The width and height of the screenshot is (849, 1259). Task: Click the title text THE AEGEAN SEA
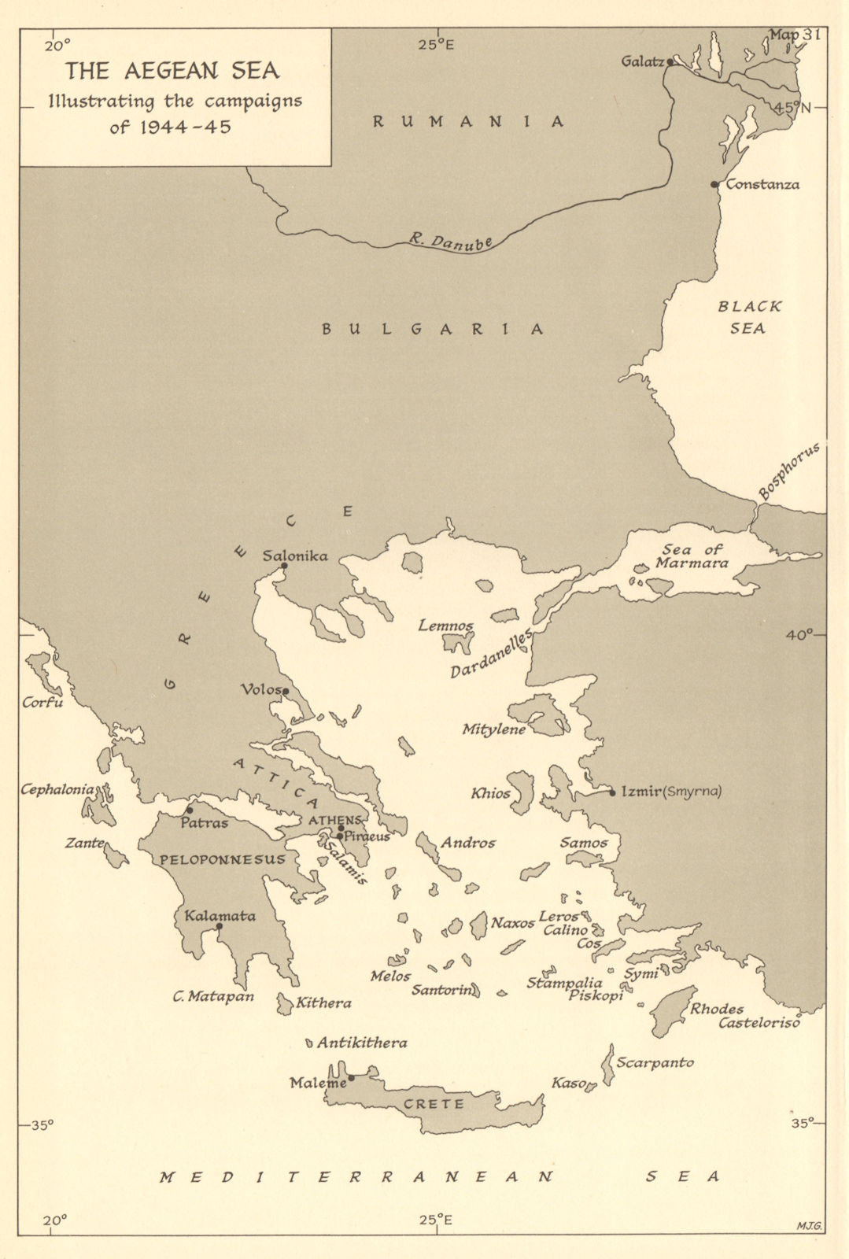click(x=172, y=71)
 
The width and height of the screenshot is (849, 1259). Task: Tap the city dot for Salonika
click(x=284, y=565)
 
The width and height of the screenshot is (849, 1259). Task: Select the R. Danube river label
click(x=450, y=242)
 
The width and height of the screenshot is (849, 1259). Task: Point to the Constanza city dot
click(x=714, y=185)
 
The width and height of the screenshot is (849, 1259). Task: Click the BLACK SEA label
click(x=749, y=317)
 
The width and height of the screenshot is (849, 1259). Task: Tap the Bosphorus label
click(x=788, y=471)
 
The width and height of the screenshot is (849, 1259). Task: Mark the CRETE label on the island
click(x=434, y=1104)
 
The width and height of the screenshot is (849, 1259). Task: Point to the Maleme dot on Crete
click(x=351, y=1078)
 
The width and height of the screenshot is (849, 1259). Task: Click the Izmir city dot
click(x=612, y=792)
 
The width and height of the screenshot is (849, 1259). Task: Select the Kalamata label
click(x=220, y=916)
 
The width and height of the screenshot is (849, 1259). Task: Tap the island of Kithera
click(x=284, y=1003)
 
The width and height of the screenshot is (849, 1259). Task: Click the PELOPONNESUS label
click(x=223, y=859)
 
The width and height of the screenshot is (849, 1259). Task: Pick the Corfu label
click(x=42, y=702)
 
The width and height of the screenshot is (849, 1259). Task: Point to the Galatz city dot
click(x=670, y=61)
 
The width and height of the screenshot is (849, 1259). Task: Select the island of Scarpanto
click(x=608, y=1065)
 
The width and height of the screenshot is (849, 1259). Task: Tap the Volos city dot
click(x=286, y=692)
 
